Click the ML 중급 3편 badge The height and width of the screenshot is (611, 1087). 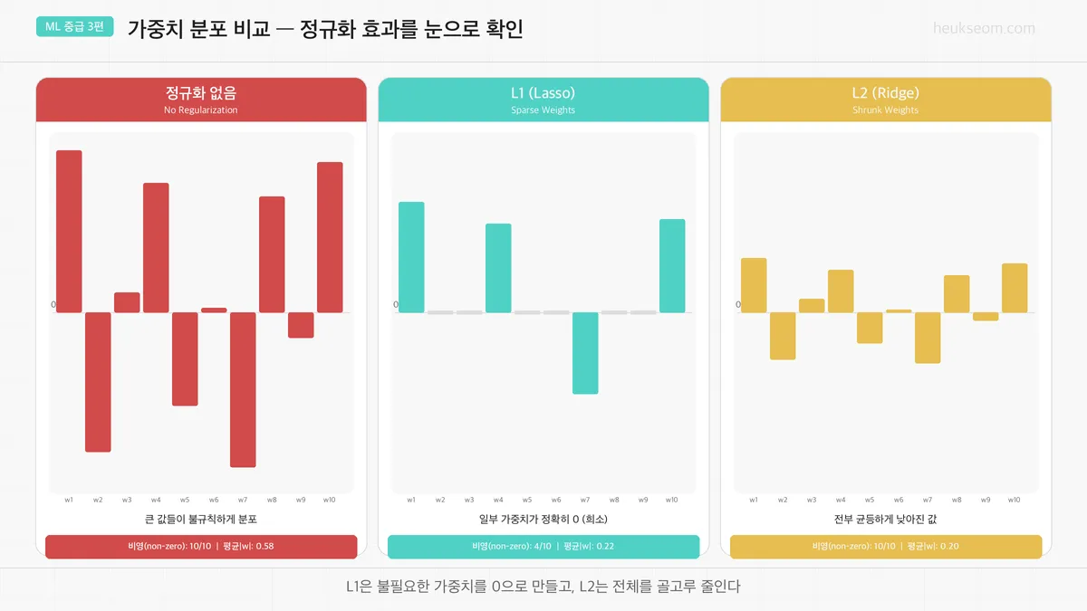pyautogui.click(x=74, y=26)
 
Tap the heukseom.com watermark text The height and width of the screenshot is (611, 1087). pyautogui.click(x=984, y=28)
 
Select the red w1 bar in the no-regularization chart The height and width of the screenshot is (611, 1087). pyautogui.click(x=69, y=231)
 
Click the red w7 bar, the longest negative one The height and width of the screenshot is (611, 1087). pyautogui.click(x=243, y=389)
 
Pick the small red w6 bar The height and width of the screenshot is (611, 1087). pyautogui.click(x=214, y=310)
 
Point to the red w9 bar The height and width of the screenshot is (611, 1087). pyautogui.click(x=301, y=325)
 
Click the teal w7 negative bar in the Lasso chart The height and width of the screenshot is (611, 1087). pyautogui.click(x=585, y=353)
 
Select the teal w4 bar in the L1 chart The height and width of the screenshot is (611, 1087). pyautogui.click(x=498, y=268)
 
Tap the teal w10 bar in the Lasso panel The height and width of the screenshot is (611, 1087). pyautogui.click(x=672, y=265)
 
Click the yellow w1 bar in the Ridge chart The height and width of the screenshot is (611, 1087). pyautogui.click(x=754, y=285)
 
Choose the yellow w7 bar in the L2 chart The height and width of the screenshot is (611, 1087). pyautogui.click(x=928, y=338)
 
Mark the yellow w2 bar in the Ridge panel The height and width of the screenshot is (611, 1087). pyautogui.click(x=783, y=336)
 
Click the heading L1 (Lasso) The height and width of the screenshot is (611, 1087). pyautogui.click(x=543, y=92)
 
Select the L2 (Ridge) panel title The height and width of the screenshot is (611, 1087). pyautogui.click(x=885, y=92)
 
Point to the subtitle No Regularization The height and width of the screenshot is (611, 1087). pyautogui.click(x=201, y=110)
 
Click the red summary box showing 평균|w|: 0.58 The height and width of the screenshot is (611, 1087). pyautogui.click(x=201, y=547)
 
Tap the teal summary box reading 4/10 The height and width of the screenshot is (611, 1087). pyautogui.click(x=543, y=547)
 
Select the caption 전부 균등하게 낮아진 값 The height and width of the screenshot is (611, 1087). pyautogui.click(x=885, y=520)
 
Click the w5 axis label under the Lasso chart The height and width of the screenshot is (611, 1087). pyautogui.click(x=527, y=500)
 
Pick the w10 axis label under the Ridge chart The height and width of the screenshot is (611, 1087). pyautogui.click(x=1015, y=500)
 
